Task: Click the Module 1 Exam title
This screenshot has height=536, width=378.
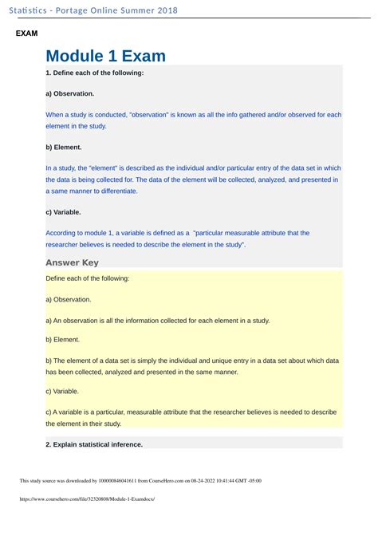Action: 105,56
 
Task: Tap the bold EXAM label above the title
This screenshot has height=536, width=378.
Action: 27,34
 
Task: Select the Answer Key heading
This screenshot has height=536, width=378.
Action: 72,262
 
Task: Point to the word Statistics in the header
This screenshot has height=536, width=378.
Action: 33,10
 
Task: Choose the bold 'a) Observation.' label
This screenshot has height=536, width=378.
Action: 70,93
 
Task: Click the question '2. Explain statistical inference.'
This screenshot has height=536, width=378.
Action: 94,443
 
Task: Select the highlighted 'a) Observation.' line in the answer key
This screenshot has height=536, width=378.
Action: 69,299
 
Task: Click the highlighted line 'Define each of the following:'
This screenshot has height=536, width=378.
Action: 88,278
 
